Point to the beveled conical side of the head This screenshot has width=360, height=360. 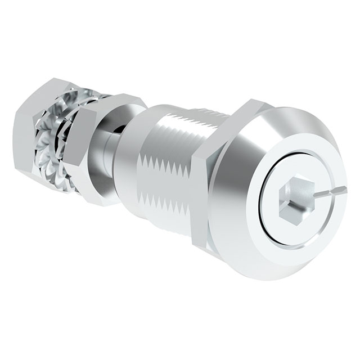(236, 169)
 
